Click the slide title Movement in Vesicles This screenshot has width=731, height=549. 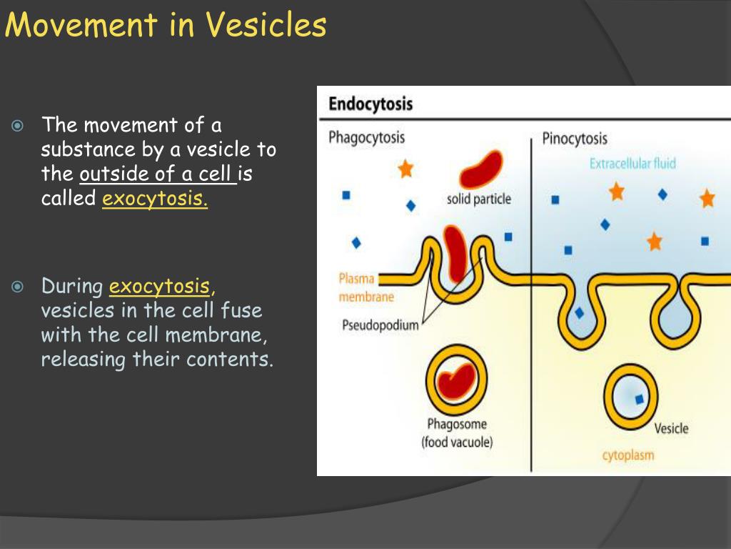tap(166, 26)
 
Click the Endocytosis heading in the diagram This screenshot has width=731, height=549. tap(370, 104)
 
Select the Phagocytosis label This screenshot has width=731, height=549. tap(366, 137)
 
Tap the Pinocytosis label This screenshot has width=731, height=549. tap(575, 137)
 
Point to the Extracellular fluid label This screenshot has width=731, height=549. tap(632, 164)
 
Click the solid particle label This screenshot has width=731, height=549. tap(479, 199)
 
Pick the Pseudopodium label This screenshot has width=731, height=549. tap(380, 326)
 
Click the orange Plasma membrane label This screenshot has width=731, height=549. tap(365, 287)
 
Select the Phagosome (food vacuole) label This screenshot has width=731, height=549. tap(457, 433)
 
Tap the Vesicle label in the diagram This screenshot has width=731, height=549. tap(671, 428)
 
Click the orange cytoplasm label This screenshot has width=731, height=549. tap(627, 455)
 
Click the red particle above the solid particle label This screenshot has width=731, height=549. tap(480, 169)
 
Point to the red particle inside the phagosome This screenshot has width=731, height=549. tap(456, 381)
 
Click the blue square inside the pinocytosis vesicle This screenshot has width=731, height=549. tap(639, 399)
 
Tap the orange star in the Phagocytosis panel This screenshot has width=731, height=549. tap(405, 169)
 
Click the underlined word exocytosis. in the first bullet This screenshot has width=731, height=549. tap(155, 198)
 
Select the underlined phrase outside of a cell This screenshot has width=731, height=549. tap(158, 174)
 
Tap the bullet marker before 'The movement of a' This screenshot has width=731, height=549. tap(19, 127)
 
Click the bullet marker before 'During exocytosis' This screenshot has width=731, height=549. tap(19, 287)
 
